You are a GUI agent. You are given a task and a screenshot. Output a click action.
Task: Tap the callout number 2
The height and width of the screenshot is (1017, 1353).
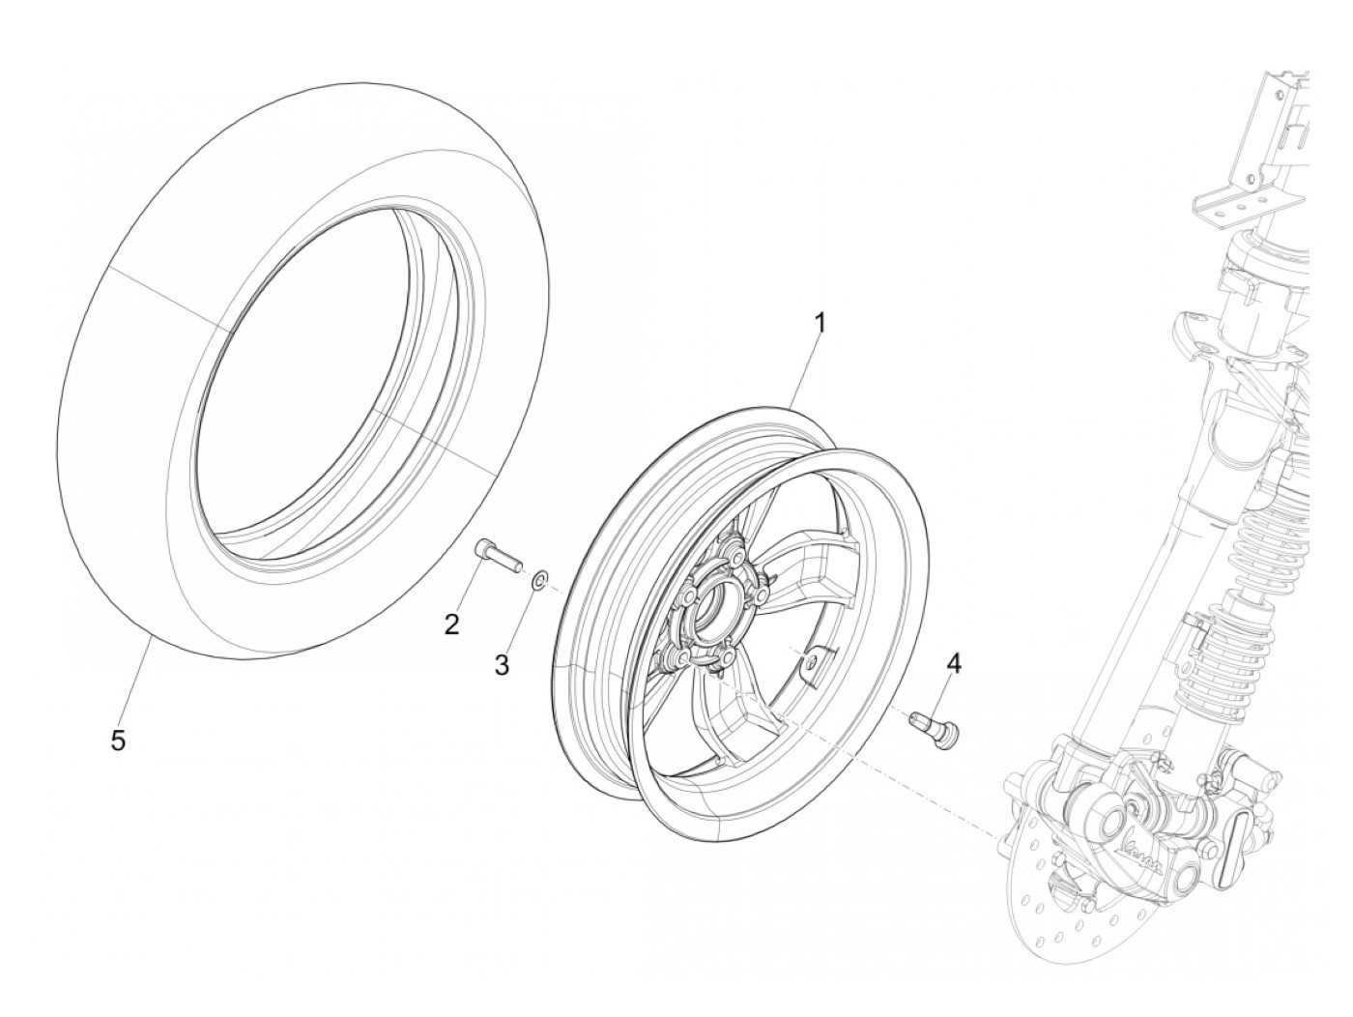coord(451,625)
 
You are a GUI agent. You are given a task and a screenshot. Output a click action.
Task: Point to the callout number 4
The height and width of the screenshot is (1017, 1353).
coord(955,663)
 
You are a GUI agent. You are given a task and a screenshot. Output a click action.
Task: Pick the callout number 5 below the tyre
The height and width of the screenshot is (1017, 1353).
coord(118,741)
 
